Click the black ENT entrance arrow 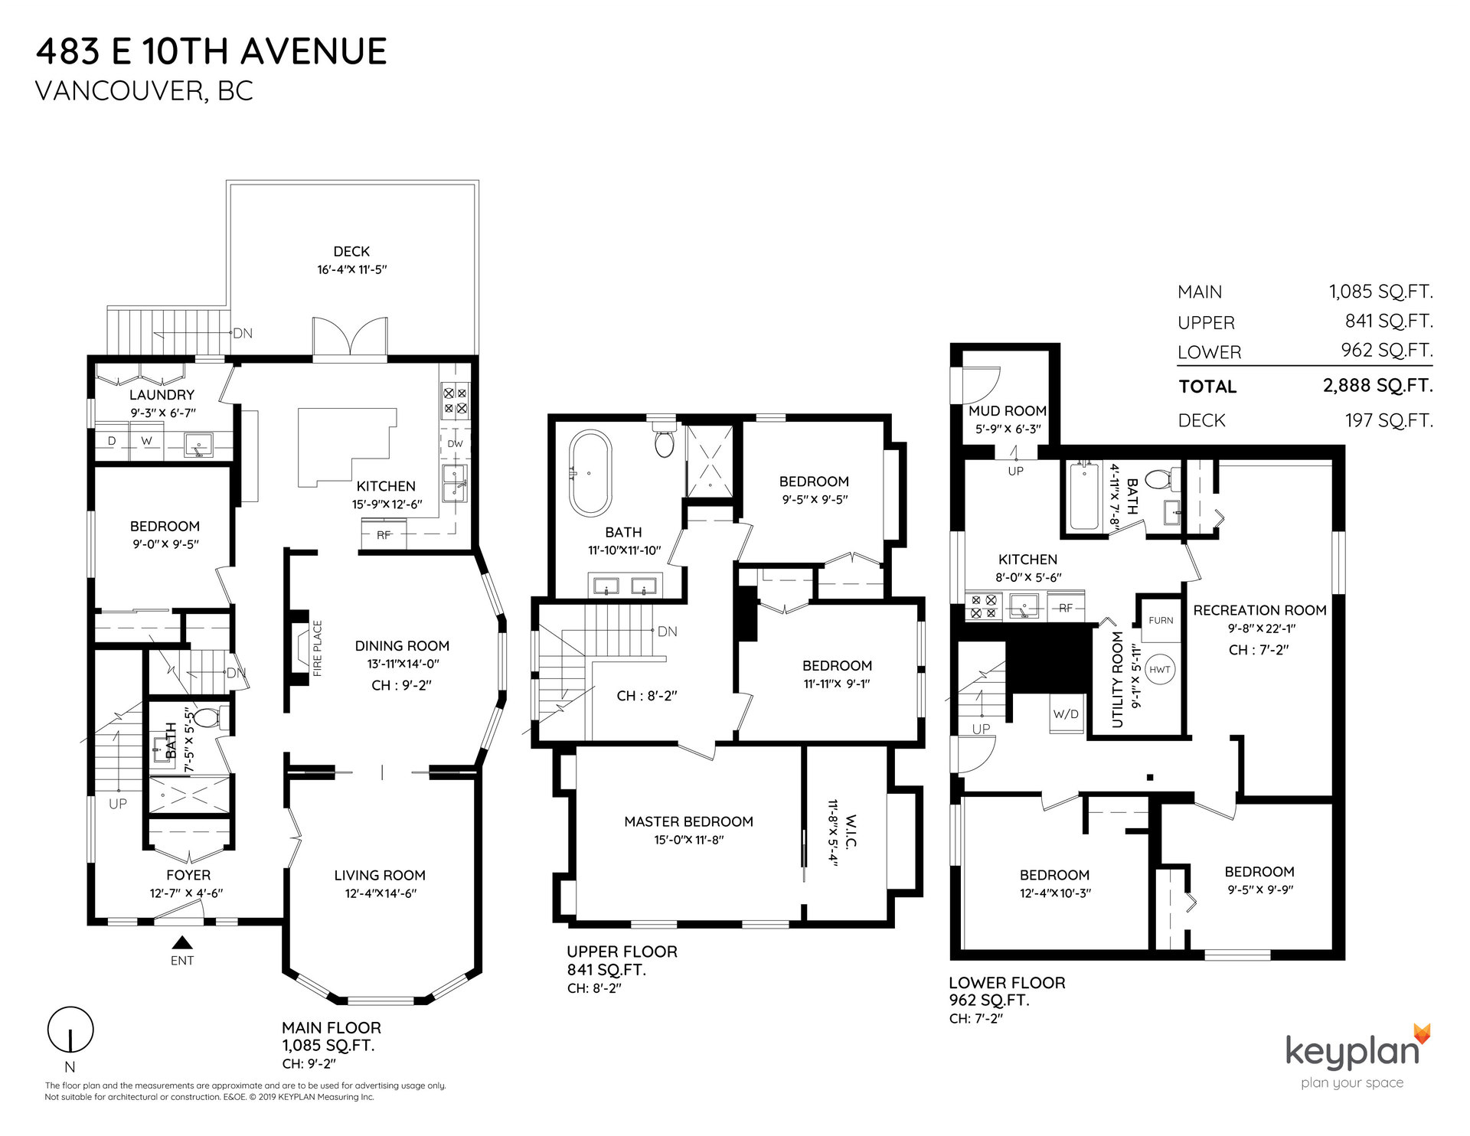182,943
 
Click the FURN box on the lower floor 1161,620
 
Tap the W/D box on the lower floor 1066,714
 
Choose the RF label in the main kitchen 384,535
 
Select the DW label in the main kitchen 455,443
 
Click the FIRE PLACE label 317,648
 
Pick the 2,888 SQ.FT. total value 1377,386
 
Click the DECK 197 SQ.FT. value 1389,420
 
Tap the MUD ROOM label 1008,411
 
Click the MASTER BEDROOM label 688,821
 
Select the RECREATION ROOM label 1259,610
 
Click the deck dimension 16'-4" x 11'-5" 351,269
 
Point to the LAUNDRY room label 162,395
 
